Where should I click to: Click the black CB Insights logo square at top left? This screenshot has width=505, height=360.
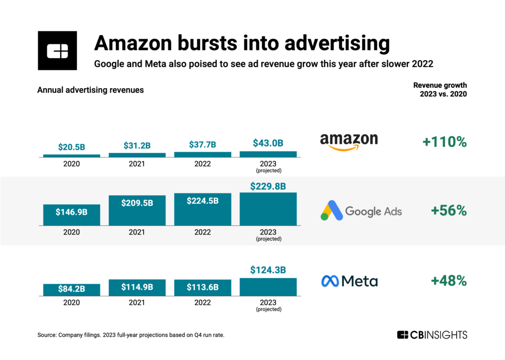(x=57, y=50)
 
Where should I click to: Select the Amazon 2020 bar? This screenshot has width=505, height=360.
(x=72, y=156)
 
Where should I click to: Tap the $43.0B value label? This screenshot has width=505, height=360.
(x=268, y=144)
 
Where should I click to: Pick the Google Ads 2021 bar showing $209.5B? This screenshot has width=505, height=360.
(x=137, y=211)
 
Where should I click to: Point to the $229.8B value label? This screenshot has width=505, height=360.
(x=268, y=186)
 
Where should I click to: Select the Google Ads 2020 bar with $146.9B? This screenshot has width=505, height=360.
(x=72, y=215)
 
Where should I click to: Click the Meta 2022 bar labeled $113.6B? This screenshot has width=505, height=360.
(x=203, y=288)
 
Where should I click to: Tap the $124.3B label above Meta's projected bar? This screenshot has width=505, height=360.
(x=268, y=270)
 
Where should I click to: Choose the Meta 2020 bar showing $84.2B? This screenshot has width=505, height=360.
(x=72, y=290)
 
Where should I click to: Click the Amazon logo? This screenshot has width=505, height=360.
(x=349, y=141)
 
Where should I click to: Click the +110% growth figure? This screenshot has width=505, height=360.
(x=444, y=142)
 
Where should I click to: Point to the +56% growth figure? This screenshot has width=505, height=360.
(x=448, y=211)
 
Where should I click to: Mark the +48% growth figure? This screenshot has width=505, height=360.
(x=448, y=281)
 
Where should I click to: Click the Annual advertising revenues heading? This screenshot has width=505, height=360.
(x=91, y=90)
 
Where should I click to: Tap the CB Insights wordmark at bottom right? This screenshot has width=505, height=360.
(x=432, y=335)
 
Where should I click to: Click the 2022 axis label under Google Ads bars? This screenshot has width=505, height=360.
(x=203, y=232)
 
